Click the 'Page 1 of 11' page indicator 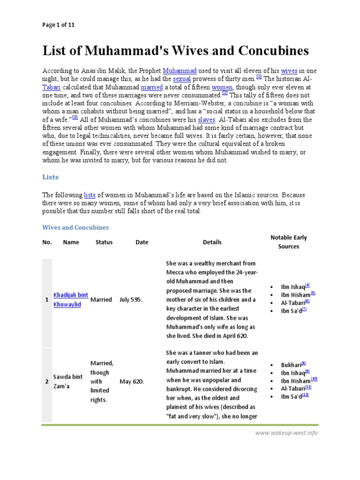(x=59, y=25)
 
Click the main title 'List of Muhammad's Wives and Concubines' (x=176, y=51)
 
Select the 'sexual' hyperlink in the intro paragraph (x=181, y=79)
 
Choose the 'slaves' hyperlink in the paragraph (x=207, y=120)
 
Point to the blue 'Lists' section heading (x=51, y=178)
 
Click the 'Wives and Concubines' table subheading (x=75, y=227)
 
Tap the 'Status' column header (x=104, y=242)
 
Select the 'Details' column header (x=212, y=242)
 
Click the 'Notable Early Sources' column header (x=288, y=242)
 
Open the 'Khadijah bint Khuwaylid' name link (x=70, y=300)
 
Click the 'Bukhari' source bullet (x=291, y=365)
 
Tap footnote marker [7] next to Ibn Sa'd (x=304, y=309)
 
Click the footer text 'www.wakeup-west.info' (x=286, y=433)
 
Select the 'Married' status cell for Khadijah (x=101, y=300)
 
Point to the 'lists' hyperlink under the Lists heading (x=90, y=195)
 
